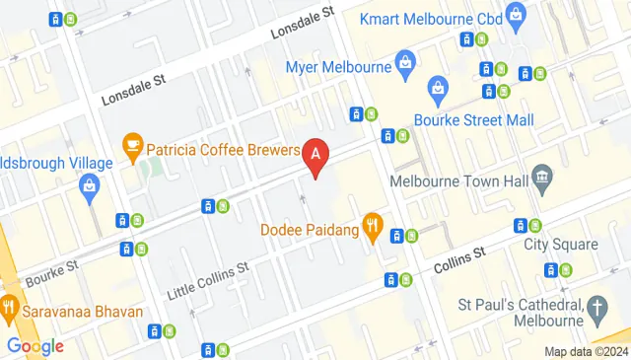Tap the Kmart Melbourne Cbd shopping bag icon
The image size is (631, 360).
[x=514, y=15]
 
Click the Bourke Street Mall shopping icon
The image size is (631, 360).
[x=436, y=93]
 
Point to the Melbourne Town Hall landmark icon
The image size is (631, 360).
[x=541, y=178]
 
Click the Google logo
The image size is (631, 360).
[x=35, y=346]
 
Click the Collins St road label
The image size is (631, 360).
[x=459, y=259]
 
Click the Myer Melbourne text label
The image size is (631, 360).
[x=338, y=66]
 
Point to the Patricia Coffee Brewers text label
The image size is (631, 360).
[x=223, y=150]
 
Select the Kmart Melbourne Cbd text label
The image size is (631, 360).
[x=430, y=19]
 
